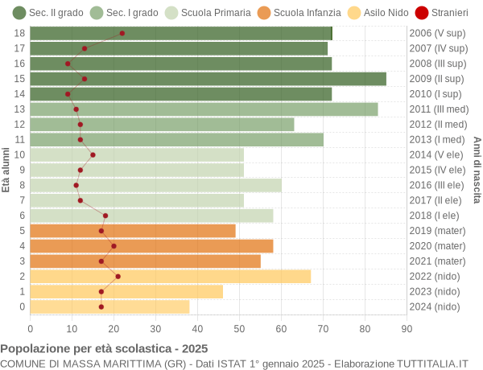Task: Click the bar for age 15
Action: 208,79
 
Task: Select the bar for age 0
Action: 110,306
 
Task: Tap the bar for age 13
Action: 204,109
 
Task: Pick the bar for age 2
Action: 171,276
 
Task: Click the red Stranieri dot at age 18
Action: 122,33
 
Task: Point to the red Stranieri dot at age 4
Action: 114,246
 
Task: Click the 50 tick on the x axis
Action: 239,327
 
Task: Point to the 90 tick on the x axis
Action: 407,327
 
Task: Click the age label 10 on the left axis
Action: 20,154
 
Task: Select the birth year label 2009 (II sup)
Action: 437,79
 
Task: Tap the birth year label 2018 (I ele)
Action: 436,216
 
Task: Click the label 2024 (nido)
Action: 436,306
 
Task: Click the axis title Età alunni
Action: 6,170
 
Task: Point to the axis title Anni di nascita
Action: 477,170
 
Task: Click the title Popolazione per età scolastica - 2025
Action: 104,349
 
